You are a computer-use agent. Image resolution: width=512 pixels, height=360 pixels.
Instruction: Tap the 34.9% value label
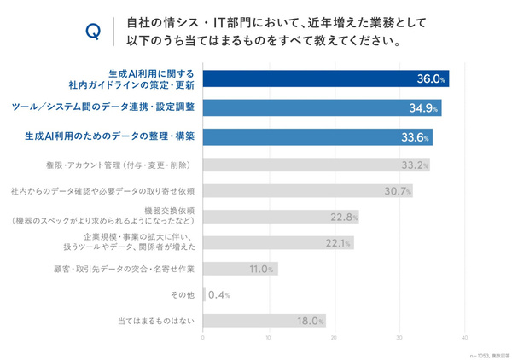[425, 107]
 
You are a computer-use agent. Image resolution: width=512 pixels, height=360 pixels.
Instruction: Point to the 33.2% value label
[414, 164]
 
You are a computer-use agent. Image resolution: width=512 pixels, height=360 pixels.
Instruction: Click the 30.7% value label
[399, 190]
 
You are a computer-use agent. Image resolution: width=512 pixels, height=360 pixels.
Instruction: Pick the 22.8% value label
[344, 217]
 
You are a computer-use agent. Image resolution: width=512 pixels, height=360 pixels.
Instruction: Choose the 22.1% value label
[339, 243]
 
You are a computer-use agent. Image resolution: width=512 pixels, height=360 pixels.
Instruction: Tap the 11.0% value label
[262, 270]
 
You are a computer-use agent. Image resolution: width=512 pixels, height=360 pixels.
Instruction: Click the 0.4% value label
[219, 295]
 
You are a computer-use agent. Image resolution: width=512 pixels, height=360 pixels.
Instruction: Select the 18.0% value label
[311, 322]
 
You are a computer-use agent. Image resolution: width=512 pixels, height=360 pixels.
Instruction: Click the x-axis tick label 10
[268, 339]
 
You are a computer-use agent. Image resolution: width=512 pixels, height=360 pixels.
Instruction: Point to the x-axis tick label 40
[465, 339]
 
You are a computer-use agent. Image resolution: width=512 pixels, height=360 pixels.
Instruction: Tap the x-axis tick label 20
[334, 339]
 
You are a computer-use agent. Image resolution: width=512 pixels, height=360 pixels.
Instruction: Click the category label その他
[183, 295]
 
